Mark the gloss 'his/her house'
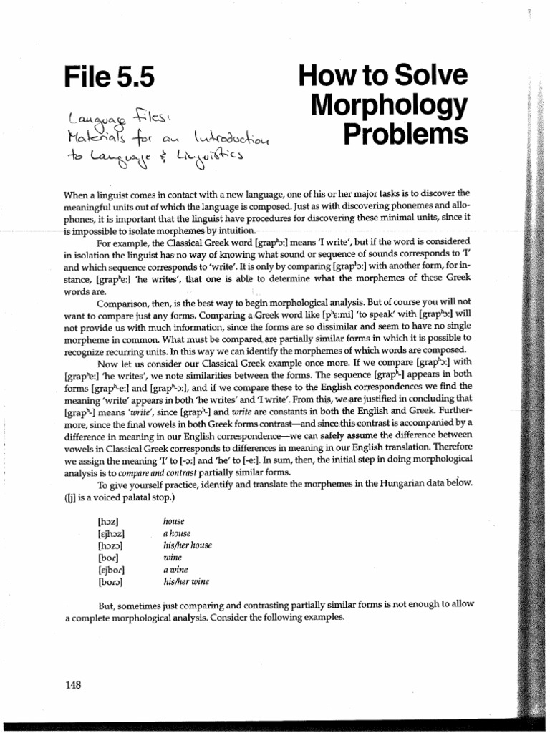(188, 545)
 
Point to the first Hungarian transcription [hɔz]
(107, 522)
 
